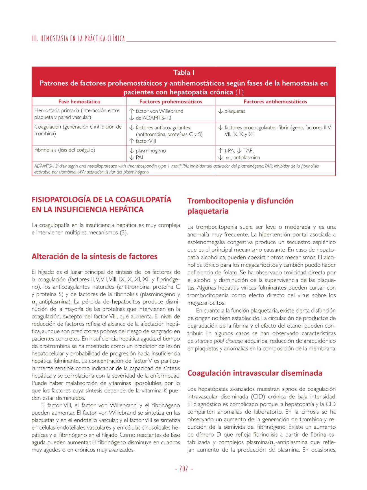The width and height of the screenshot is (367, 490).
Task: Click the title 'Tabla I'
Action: click(x=183, y=73)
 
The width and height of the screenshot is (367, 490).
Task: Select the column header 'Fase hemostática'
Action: click(x=79, y=102)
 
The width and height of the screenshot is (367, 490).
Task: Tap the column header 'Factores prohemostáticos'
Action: click(x=171, y=102)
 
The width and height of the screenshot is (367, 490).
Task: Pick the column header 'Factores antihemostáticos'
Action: click(x=275, y=102)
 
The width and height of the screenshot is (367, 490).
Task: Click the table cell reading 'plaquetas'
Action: click(x=235, y=111)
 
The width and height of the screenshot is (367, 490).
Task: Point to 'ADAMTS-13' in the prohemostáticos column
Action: click(x=157, y=118)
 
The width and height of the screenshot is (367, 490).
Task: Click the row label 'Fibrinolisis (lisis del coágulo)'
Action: click(x=65, y=150)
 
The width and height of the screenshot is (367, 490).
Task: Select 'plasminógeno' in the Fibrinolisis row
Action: click(x=150, y=151)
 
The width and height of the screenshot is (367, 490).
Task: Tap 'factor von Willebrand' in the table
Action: click(x=159, y=111)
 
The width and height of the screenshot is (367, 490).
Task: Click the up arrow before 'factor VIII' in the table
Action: click(x=131, y=141)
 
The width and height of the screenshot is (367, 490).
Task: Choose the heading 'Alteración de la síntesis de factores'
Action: click(x=95, y=257)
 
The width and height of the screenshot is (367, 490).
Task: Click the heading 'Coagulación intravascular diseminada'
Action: click(x=255, y=373)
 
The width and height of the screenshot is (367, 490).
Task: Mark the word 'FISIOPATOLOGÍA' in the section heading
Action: click(x=60, y=200)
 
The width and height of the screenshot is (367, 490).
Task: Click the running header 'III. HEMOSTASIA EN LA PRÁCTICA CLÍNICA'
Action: click(x=78, y=39)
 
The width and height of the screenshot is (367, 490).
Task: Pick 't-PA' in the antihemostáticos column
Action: click(x=230, y=151)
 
